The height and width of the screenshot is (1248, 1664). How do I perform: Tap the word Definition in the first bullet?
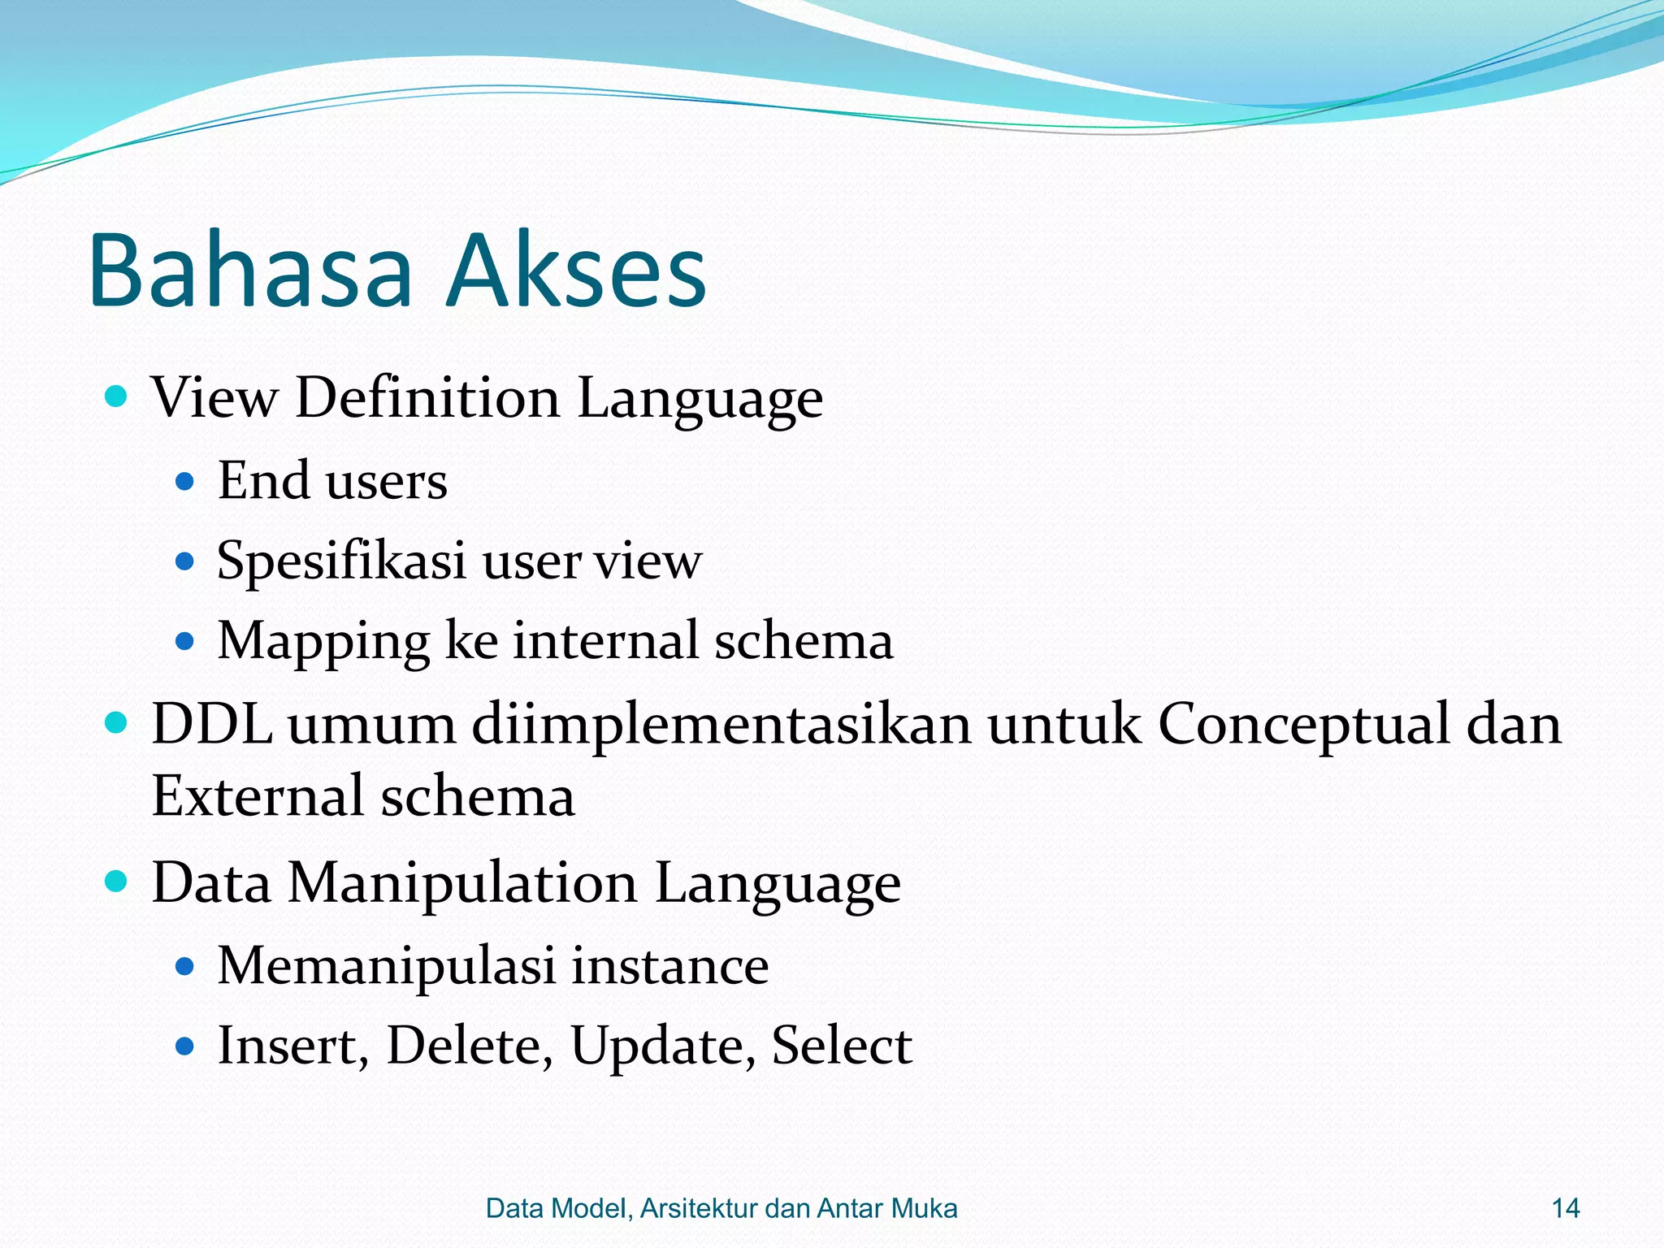(427, 398)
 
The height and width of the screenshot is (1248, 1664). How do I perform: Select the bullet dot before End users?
(185, 482)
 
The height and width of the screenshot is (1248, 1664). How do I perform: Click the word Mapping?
(323, 642)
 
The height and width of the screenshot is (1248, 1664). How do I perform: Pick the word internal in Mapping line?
(605, 640)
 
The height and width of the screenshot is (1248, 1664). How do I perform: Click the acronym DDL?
(212, 723)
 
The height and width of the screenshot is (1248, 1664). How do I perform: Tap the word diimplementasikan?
(721, 725)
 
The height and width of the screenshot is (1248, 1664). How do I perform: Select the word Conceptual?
(1303, 725)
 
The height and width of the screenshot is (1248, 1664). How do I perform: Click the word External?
(258, 796)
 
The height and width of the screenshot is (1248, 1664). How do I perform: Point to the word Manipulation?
(462, 883)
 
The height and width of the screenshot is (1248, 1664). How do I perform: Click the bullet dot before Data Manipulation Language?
(117, 881)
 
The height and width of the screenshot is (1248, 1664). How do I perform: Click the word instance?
(669, 966)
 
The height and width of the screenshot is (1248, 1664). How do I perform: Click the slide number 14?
(1566, 1208)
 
